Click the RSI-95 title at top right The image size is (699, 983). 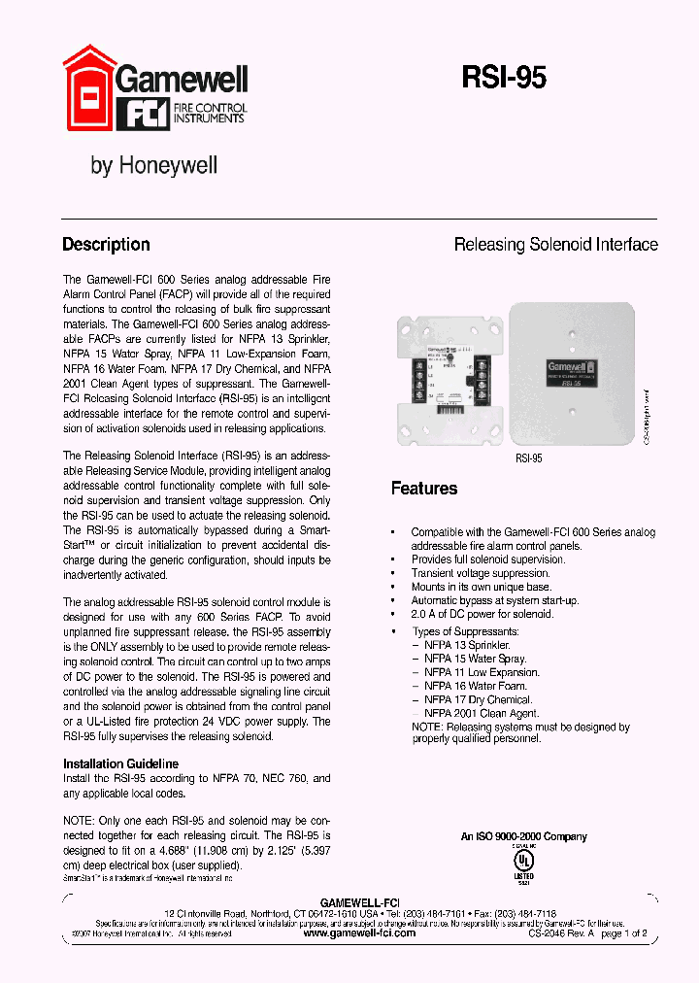click(503, 79)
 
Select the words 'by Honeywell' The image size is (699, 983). click(153, 166)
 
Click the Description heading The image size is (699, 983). click(106, 245)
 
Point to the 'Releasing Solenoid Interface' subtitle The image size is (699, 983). click(555, 245)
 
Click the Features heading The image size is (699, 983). click(423, 488)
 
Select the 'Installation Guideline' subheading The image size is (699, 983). click(120, 764)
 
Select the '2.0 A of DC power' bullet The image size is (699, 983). click(482, 614)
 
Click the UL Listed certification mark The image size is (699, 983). click(523, 862)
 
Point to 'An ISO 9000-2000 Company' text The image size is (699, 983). click(523, 836)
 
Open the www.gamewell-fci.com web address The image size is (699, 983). click(359, 932)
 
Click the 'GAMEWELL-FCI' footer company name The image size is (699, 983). click(359, 902)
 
